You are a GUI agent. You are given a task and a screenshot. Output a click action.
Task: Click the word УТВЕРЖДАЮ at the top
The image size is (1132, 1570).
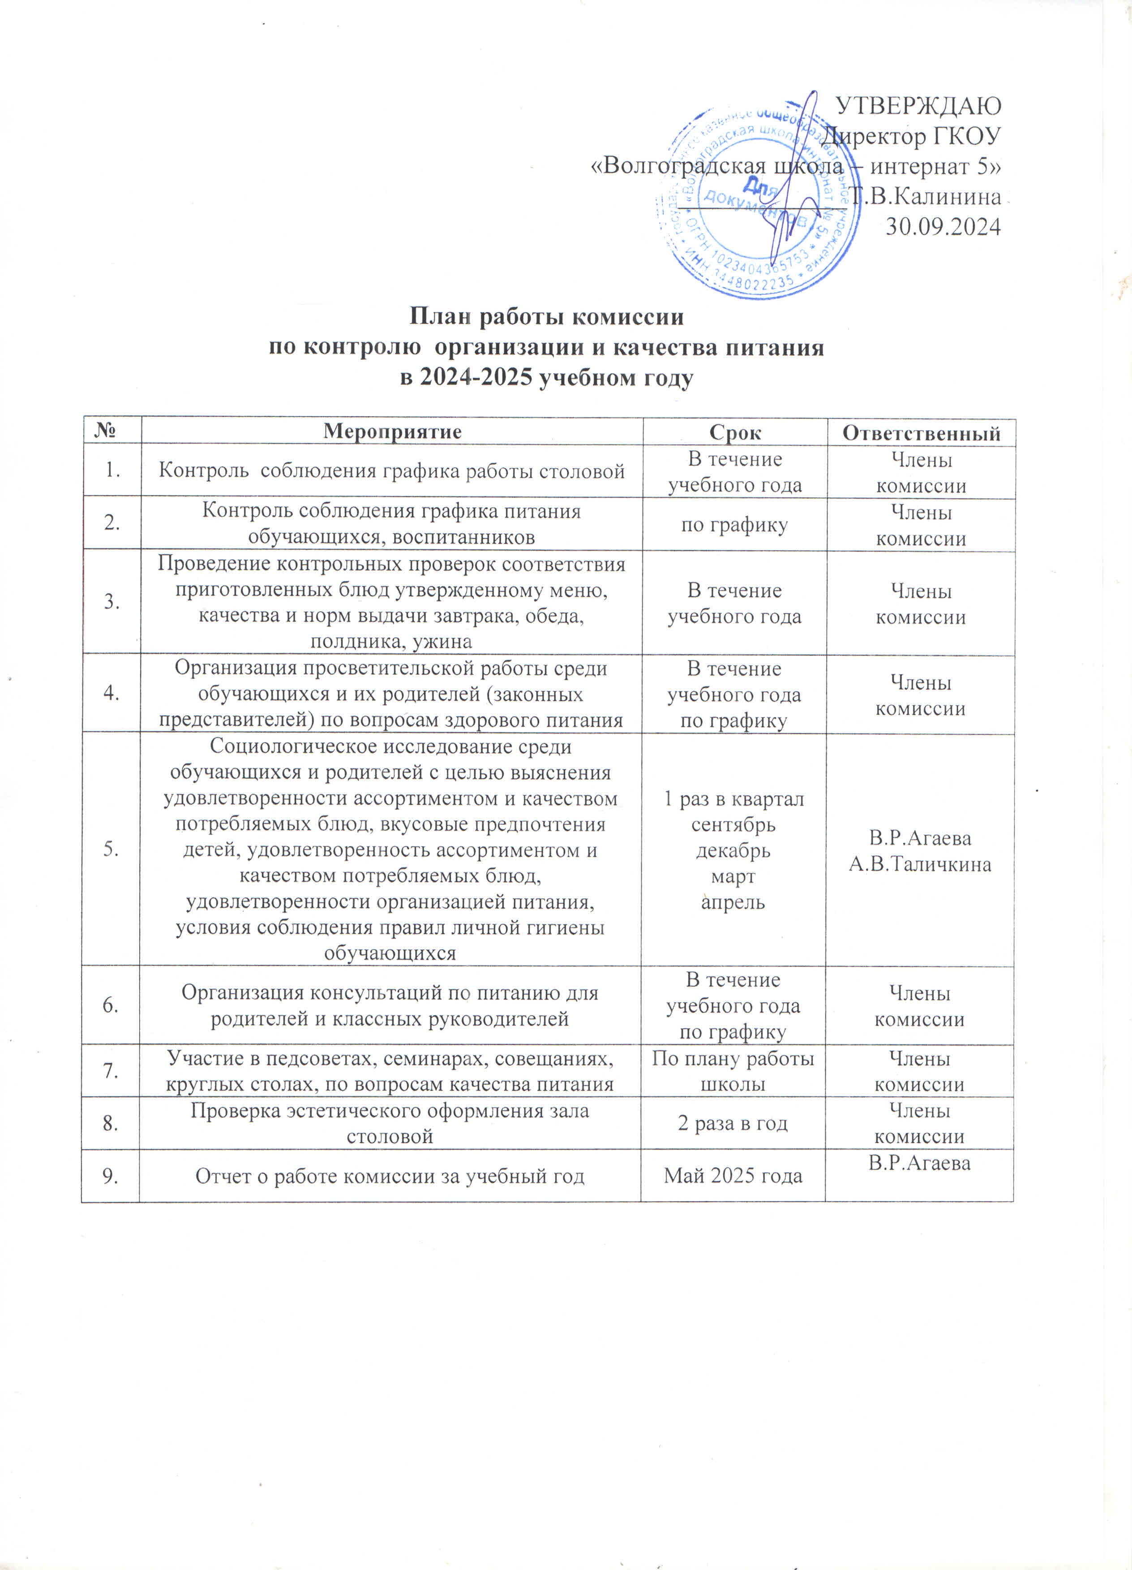tap(919, 105)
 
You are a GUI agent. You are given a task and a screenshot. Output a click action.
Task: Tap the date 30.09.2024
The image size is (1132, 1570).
tap(943, 226)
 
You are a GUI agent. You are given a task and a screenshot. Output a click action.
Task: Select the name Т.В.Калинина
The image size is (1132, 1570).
tap(926, 197)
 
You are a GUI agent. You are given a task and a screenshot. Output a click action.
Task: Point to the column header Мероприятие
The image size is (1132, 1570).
tap(392, 432)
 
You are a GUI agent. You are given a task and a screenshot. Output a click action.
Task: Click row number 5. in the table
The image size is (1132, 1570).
tap(111, 850)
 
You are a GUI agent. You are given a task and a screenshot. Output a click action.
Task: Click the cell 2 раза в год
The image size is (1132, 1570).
tap(733, 1123)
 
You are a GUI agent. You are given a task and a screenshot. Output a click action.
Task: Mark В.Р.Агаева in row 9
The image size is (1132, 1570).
tap(920, 1163)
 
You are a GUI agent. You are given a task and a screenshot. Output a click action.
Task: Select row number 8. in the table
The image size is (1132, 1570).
tap(110, 1123)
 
